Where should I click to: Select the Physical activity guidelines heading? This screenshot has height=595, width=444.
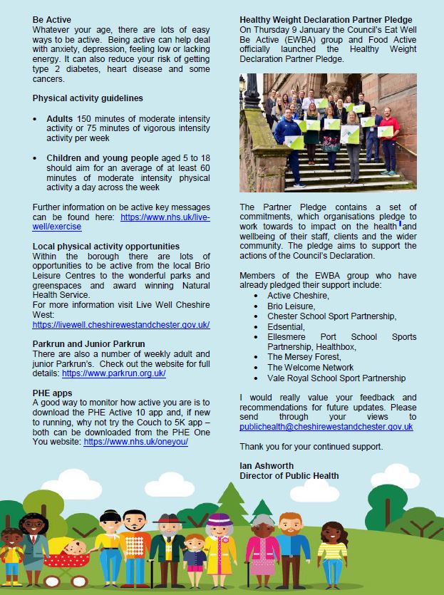coord(88,98)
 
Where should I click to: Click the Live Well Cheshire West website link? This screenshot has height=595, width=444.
coord(121,325)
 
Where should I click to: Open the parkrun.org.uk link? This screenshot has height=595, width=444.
coord(114,373)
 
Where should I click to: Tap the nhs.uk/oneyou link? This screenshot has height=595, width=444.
coord(135,442)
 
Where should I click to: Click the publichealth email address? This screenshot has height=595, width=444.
coord(326,427)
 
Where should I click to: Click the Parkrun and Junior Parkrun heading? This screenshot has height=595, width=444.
coord(89,344)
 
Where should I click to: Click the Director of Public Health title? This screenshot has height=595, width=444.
coord(289,476)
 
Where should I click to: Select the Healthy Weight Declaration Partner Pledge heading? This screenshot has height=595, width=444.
coord(336,20)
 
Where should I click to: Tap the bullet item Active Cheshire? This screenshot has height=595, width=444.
coord(298,296)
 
